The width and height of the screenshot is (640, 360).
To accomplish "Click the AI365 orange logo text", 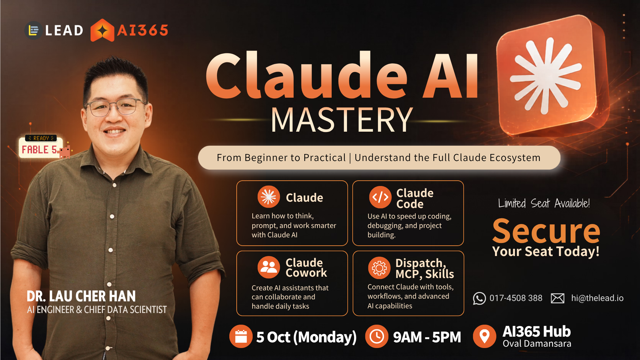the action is [x=143, y=30].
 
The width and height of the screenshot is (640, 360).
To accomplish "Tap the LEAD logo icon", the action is [x=33, y=30].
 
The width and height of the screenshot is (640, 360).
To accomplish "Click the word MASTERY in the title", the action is [x=342, y=120].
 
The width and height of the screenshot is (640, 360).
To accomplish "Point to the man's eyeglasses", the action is [x=115, y=107].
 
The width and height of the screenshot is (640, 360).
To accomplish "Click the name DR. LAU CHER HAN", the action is [x=81, y=296].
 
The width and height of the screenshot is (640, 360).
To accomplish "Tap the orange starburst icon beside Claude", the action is [x=269, y=197].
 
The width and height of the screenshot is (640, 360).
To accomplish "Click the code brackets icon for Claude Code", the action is [x=380, y=197].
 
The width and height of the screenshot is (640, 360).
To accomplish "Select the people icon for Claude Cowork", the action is [x=269, y=267].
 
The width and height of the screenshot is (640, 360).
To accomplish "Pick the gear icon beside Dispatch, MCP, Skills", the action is [x=379, y=268].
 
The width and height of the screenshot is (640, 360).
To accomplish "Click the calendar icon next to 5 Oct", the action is [x=241, y=336].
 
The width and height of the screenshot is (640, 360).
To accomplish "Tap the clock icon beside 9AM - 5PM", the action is [x=377, y=336].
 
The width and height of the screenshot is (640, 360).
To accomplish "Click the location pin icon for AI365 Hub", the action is [x=485, y=336].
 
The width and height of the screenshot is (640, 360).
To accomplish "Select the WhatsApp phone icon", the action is [x=479, y=298].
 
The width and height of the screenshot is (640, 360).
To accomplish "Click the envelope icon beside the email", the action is [x=558, y=298].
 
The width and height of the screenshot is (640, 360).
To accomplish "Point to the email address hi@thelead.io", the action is [x=597, y=298].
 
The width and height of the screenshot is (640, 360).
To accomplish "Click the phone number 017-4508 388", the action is [x=516, y=298].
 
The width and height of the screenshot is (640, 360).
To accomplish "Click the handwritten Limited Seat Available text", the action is [x=544, y=203].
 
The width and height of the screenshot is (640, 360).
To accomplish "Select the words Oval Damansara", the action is [x=537, y=344].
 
